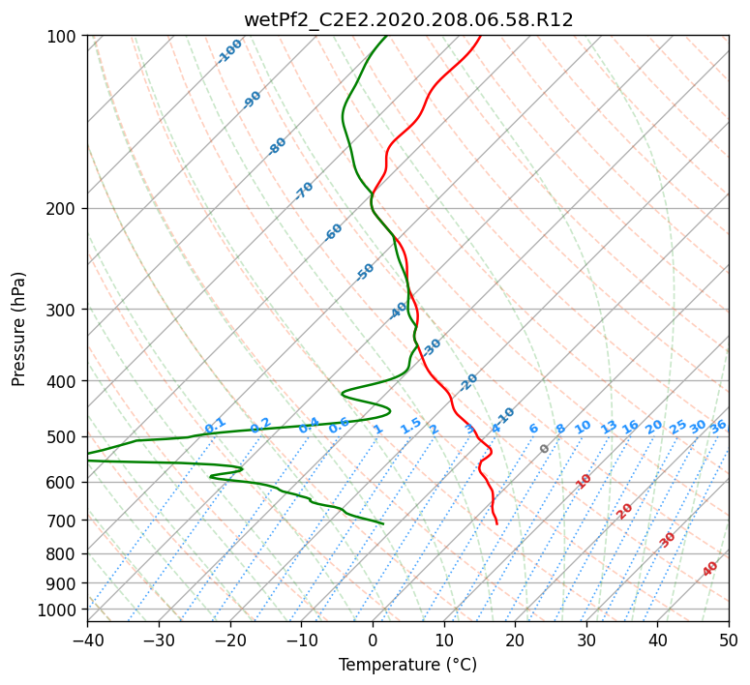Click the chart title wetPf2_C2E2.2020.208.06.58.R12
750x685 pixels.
[x=408, y=20]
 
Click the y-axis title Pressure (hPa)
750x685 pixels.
[x=18, y=329]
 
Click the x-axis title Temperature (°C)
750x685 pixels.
[x=408, y=665]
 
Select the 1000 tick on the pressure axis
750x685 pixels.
[x=62, y=610]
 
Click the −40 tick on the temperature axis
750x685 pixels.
[x=87, y=640]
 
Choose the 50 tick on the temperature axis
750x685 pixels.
[x=729, y=640]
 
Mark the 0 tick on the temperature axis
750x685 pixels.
[x=373, y=640]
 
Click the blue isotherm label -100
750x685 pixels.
[x=229, y=51]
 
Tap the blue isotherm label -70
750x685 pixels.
[x=304, y=191]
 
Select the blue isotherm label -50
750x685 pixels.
[x=365, y=272]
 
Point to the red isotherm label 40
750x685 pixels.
[x=709, y=569]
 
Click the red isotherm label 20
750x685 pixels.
[x=624, y=512]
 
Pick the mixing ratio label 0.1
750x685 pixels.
[x=215, y=425]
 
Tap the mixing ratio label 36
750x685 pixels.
[x=718, y=427]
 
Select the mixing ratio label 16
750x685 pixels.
[x=631, y=427]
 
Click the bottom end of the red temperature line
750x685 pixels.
[x=497, y=524]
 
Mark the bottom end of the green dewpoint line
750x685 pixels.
[x=383, y=524]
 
